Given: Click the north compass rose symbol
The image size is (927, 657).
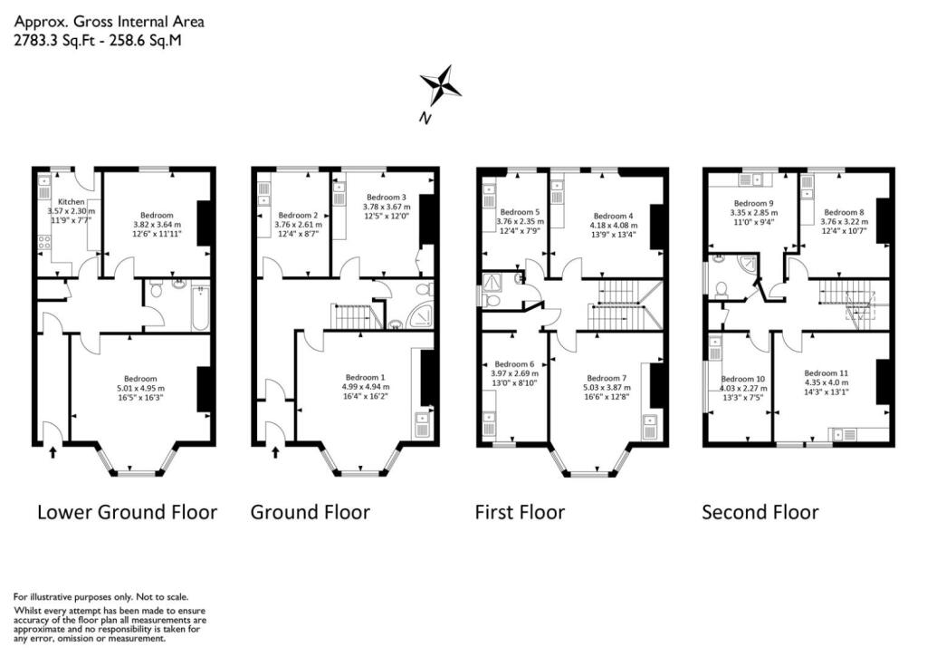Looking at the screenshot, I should [441, 86].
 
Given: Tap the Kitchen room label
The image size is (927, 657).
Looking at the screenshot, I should [71, 201].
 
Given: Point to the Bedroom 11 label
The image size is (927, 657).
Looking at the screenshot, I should [827, 372].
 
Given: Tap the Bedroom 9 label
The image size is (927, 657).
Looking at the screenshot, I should [753, 203].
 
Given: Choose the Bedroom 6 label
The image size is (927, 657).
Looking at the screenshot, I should [512, 363].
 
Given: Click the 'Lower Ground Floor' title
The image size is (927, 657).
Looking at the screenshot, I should [127, 512].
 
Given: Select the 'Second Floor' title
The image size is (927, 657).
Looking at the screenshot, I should [760, 512].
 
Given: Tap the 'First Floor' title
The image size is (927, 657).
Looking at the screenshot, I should [520, 512].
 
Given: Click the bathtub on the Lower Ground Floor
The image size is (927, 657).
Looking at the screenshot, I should [199, 306].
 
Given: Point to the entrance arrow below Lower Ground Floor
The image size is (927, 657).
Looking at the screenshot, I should [52, 450].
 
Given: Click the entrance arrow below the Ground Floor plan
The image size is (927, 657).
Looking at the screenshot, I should [277, 450].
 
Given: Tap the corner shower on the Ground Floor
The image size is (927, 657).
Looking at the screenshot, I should [420, 316].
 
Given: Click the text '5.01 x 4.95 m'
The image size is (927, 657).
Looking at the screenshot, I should [140, 389].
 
